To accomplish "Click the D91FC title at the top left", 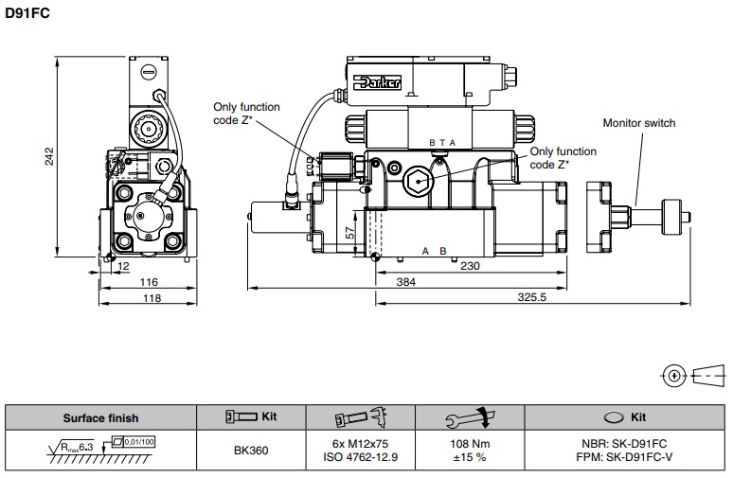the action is click(x=27, y=13).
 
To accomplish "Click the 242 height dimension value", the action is click(x=49, y=156).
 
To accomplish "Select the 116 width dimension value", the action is click(x=149, y=282).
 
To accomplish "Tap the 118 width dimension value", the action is click(x=152, y=298).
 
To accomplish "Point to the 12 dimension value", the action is click(x=123, y=266).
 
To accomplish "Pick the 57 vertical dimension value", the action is click(x=350, y=233).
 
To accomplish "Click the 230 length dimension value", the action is click(x=470, y=266).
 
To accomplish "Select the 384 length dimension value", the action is click(x=405, y=282).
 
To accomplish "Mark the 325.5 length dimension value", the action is click(x=532, y=297).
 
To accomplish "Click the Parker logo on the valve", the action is click(x=378, y=82).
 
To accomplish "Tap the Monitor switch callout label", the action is click(x=639, y=123).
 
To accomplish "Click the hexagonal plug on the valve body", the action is click(x=418, y=182).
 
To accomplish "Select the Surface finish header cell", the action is click(x=101, y=418).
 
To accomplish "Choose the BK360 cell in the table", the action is click(x=251, y=451).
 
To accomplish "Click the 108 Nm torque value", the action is click(x=470, y=444).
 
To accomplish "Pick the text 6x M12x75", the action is click(x=360, y=444).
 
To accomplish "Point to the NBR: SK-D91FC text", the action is click(x=624, y=444).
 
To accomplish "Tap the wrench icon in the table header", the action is click(x=470, y=417).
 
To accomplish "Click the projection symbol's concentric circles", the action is click(x=674, y=376).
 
